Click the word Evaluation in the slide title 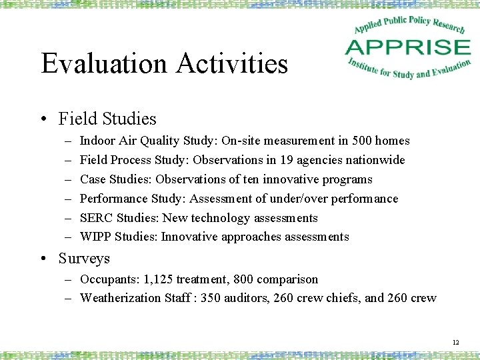(x=103, y=64)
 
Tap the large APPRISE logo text (x=407, y=47)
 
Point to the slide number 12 (x=456, y=343)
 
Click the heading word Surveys (x=84, y=259)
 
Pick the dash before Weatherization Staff (x=68, y=298)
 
